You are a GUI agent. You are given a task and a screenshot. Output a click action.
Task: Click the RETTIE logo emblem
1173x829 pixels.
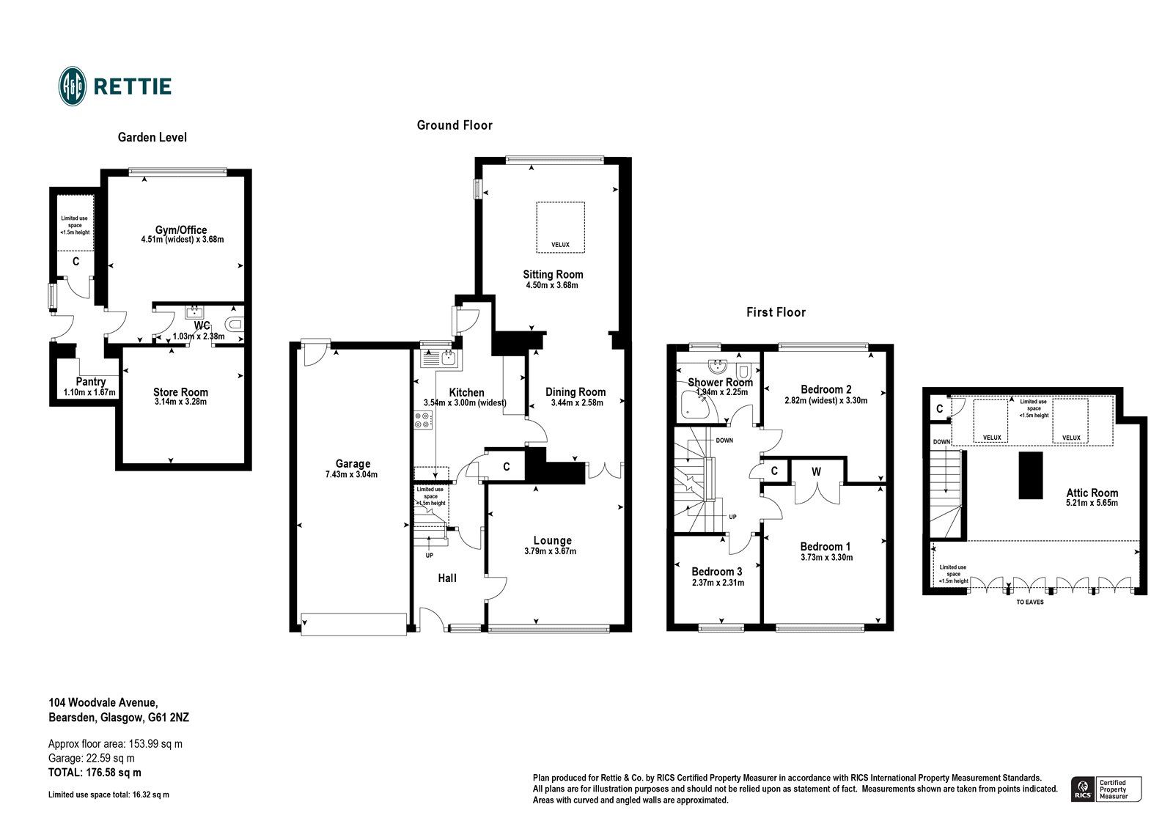click(73, 86)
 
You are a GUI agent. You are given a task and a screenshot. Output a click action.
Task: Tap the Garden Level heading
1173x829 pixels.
click(152, 137)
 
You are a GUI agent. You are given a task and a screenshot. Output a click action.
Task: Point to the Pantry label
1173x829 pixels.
click(90, 381)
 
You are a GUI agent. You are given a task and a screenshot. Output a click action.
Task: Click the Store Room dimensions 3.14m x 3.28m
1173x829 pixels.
click(180, 402)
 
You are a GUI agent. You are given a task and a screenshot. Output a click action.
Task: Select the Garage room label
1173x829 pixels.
click(353, 463)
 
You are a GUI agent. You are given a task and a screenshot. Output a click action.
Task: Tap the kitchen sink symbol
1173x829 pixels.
click(439, 358)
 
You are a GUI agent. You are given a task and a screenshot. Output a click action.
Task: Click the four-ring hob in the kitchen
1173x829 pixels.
click(423, 420)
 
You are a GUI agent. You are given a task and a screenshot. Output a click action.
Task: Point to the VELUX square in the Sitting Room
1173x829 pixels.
click(560, 227)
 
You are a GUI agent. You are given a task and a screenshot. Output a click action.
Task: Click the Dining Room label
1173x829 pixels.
click(576, 391)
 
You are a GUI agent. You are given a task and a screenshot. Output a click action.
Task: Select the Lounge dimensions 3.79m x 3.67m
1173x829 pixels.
click(551, 551)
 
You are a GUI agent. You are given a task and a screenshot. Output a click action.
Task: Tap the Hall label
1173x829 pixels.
click(447, 578)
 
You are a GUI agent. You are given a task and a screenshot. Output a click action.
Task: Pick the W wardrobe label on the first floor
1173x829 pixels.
click(816, 472)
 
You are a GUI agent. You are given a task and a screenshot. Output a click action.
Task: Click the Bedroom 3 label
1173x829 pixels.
click(717, 571)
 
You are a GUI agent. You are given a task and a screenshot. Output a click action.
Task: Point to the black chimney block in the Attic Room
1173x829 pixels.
click(1030, 475)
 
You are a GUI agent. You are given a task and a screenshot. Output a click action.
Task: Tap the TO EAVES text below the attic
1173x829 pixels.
click(1031, 602)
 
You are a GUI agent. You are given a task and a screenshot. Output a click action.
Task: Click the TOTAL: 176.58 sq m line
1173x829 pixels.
click(95, 773)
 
